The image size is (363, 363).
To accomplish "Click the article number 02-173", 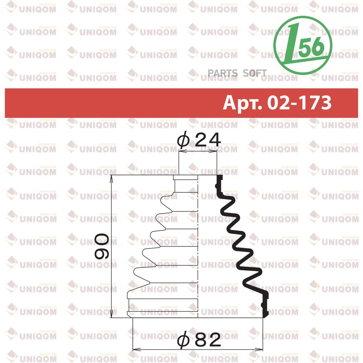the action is [299, 102].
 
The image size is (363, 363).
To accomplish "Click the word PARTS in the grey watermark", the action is [223, 73].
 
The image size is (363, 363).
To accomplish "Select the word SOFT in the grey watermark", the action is [255, 73].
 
